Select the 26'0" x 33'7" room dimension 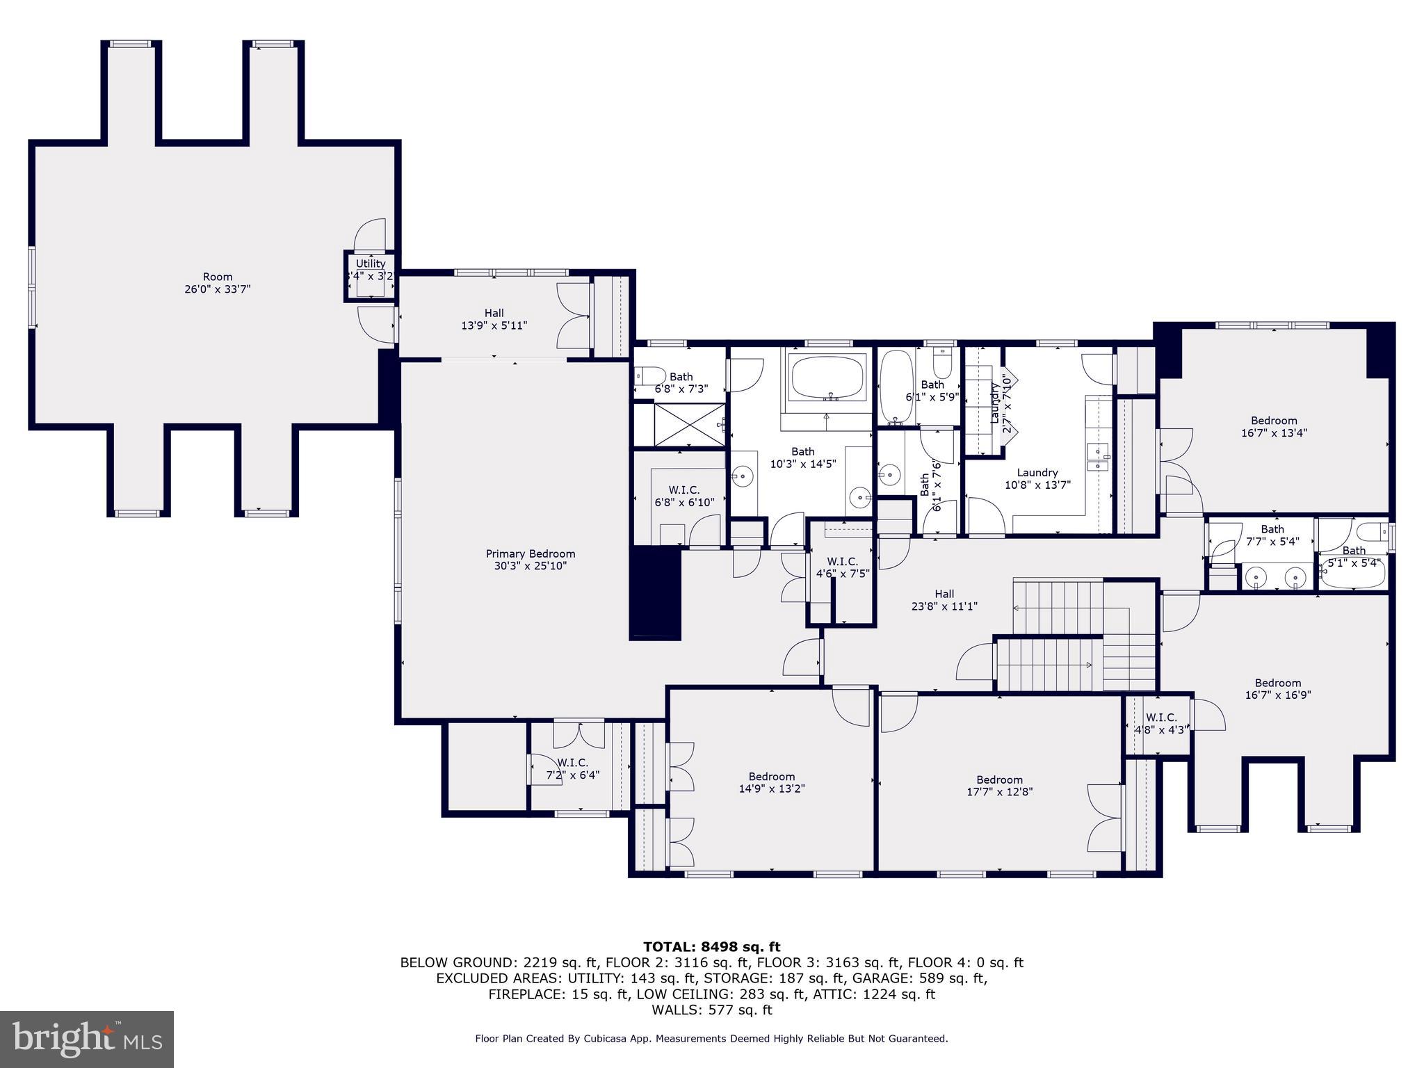point(217,289)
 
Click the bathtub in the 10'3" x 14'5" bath point(827,377)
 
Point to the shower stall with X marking point(679,425)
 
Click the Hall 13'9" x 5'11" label point(494,319)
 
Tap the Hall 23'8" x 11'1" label point(944,599)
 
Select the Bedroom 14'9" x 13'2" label point(771,782)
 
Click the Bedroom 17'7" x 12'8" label point(999,785)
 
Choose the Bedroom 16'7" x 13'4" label point(1274,426)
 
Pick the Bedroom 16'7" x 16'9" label point(1277,688)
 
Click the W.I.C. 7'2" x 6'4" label point(572,768)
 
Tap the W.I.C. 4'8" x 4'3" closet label point(1160,723)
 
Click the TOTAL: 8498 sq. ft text point(711,947)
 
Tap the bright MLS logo point(87,1039)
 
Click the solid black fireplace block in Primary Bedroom point(654,592)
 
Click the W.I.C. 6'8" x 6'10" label point(684,496)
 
